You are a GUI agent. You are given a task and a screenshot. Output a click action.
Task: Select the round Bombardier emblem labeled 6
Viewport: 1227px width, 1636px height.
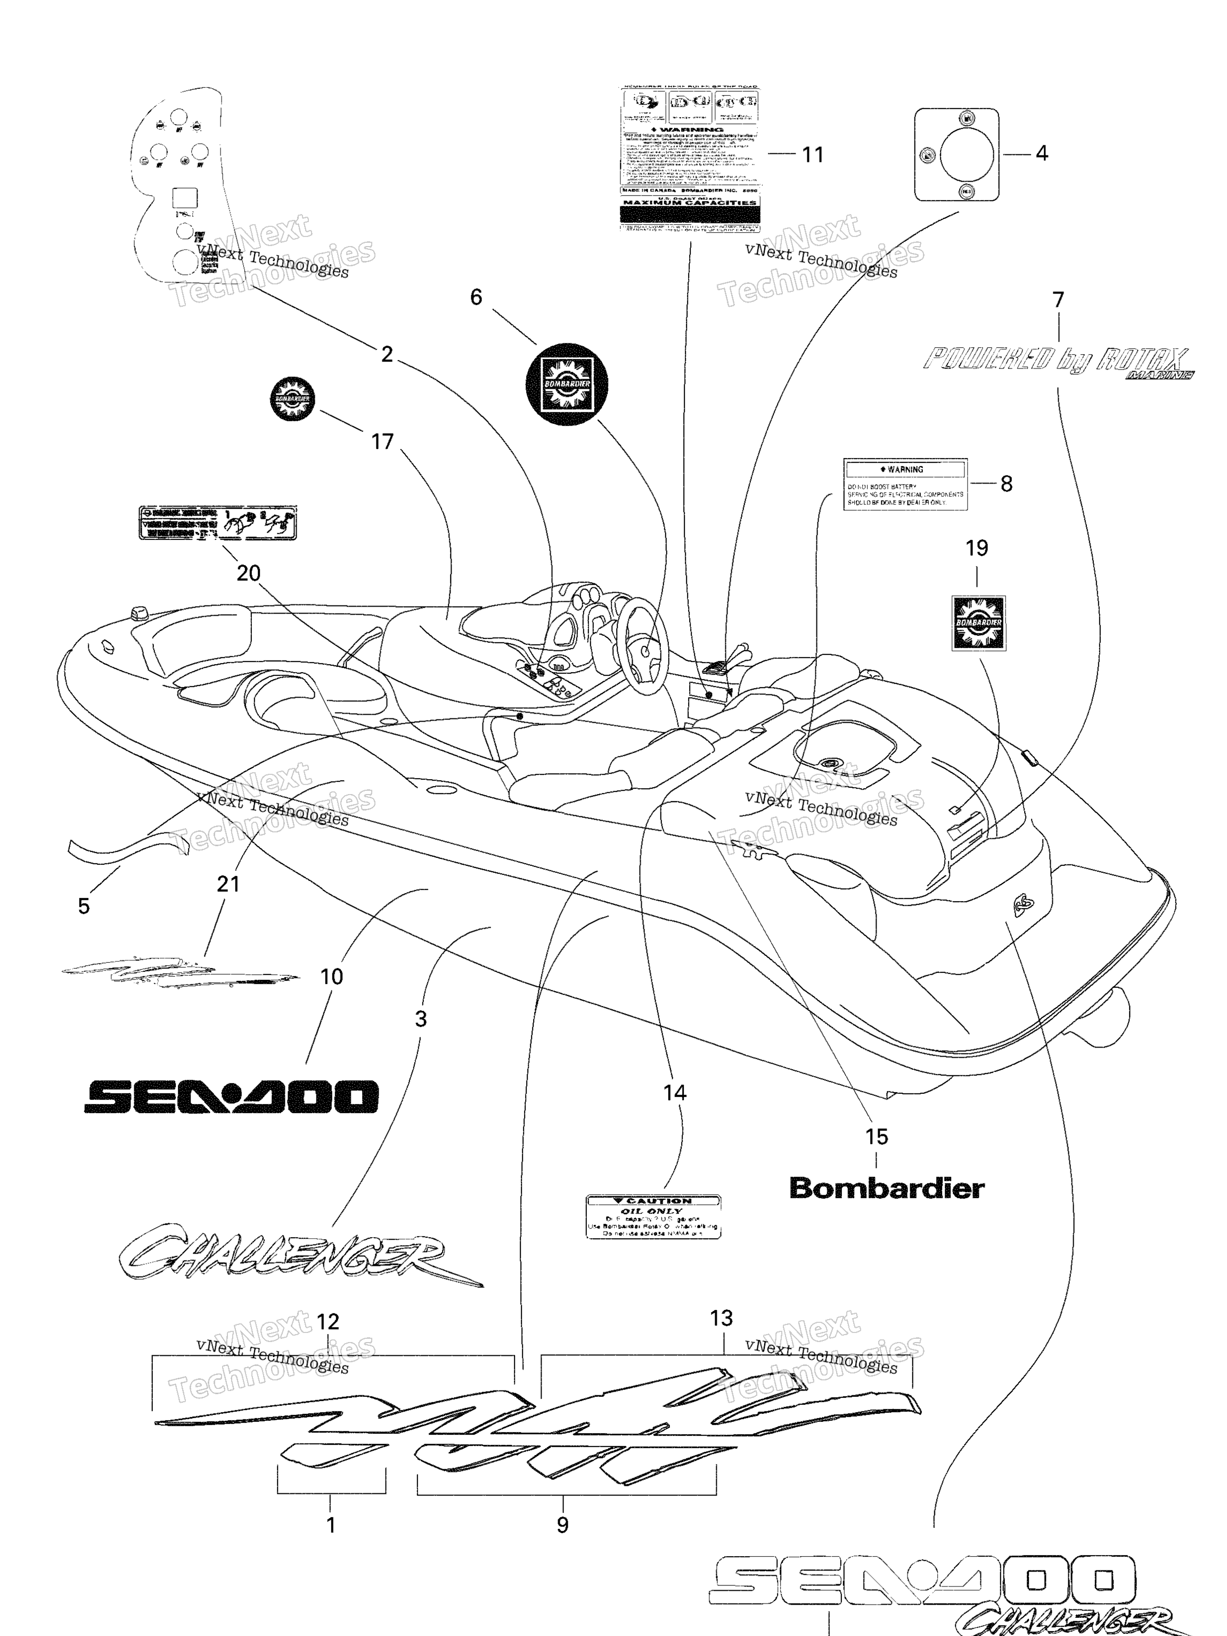(x=567, y=384)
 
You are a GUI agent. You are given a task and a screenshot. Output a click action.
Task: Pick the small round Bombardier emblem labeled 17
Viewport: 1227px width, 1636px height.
(x=293, y=399)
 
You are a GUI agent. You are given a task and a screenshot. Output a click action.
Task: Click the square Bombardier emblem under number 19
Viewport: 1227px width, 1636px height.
(x=978, y=623)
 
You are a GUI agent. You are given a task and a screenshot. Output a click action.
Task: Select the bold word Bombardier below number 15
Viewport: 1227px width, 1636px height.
(x=887, y=1189)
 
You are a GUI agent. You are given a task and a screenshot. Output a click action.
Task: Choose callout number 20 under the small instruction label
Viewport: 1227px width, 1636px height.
(x=249, y=572)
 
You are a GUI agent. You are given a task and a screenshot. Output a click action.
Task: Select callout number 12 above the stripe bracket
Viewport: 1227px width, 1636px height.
(x=328, y=1322)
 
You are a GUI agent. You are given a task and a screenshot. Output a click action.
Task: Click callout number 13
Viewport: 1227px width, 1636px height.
(x=721, y=1318)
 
